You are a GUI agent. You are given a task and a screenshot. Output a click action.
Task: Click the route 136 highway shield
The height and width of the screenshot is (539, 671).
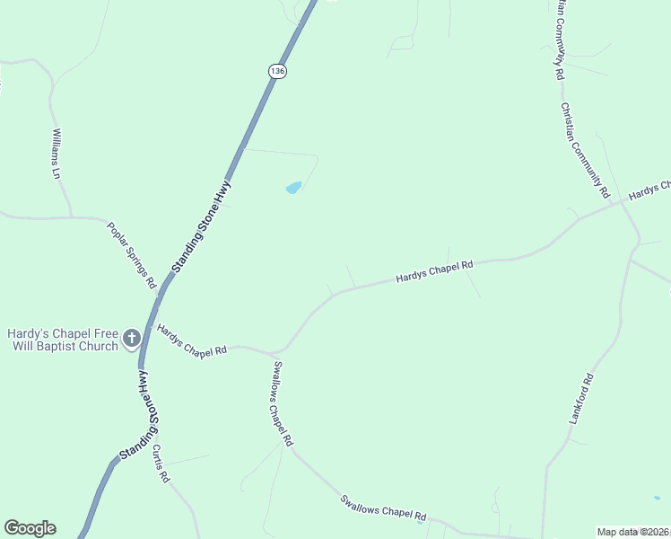click(x=278, y=70)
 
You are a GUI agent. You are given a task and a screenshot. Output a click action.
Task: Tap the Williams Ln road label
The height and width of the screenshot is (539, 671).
click(x=57, y=154)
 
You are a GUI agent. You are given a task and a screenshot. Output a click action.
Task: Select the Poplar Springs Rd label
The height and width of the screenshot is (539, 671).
click(x=132, y=255)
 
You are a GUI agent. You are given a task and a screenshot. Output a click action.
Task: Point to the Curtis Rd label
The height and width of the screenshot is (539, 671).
click(x=161, y=464)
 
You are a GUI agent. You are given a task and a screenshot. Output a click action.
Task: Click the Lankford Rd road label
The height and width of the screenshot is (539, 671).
click(x=581, y=399)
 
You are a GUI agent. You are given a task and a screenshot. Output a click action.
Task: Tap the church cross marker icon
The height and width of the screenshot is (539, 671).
click(x=132, y=339)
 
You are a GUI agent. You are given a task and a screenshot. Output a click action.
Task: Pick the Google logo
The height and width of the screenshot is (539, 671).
click(x=30, y=528)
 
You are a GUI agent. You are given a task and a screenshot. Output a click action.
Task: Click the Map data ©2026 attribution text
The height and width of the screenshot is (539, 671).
click(x=633, y=532)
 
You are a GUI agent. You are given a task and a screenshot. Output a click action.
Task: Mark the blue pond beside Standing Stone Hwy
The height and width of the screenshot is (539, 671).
click(x=293, y=188)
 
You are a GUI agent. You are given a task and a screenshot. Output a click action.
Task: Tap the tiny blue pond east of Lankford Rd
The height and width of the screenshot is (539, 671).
click(x=657, y=498)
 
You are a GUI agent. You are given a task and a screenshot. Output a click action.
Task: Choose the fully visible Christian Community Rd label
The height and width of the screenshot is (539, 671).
click(x=585, y=150)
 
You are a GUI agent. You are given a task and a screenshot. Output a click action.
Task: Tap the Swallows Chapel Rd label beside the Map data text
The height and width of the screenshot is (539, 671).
click(x=382, y=507)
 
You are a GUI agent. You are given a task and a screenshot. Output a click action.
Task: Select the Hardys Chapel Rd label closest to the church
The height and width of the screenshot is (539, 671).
click(x=191, y=340)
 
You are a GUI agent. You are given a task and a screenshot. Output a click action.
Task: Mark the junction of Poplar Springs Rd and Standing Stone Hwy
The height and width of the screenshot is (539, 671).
click(x=160, y=293)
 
